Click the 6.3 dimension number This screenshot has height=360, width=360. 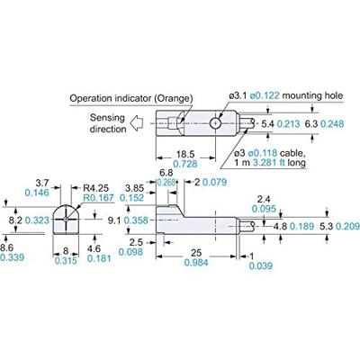[x=311, y=122]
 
